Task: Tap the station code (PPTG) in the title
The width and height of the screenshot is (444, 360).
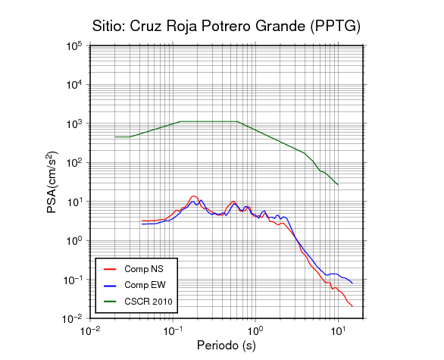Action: [335, 27]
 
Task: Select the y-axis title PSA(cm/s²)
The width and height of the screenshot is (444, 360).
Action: [52, 182]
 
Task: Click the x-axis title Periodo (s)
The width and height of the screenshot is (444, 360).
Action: [227, 346]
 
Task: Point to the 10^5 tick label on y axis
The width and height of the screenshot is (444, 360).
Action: [74, 45]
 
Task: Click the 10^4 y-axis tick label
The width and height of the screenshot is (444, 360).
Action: [74, 84]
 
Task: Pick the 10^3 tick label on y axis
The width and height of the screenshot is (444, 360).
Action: [74, 124]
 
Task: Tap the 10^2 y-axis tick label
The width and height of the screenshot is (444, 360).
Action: [74, 163]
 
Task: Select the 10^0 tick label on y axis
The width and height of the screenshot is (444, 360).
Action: [74, 241]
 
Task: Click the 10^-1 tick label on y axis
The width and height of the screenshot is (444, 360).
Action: [72, 280]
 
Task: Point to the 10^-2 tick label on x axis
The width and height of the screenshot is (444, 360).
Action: [90, 330]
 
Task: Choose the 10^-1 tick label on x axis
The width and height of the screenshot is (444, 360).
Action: [173, 330]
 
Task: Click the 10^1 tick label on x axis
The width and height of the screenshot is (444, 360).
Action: [338, 330]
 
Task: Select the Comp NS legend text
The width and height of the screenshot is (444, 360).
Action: [144, 269]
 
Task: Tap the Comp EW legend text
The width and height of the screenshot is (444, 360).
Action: [145, 285]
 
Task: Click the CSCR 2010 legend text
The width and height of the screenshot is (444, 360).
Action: [149, 302]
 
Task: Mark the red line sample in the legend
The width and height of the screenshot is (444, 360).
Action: [110, 269]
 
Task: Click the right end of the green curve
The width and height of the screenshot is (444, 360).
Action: [338, 185]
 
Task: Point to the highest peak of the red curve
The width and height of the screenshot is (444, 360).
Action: [193, 196]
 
